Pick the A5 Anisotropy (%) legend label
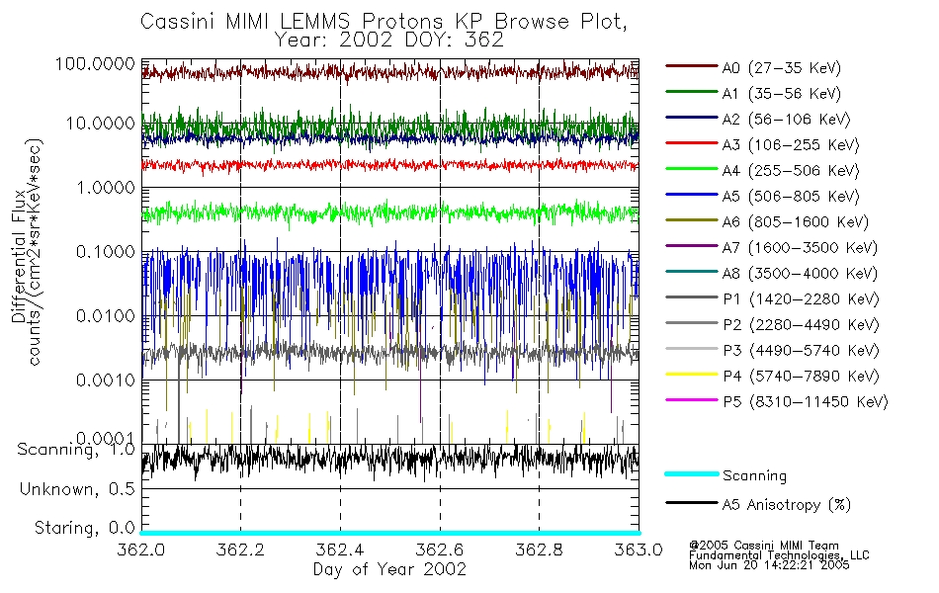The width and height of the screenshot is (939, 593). tap(787, 505)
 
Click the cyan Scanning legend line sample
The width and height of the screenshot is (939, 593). tap(691, 474)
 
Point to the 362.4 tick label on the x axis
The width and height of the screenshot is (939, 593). tap(340, 549)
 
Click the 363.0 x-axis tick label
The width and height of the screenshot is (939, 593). tap(638, 549)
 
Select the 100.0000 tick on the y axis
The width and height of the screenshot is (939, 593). tap(96, 63)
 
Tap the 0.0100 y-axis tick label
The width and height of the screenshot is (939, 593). tap(103, 316)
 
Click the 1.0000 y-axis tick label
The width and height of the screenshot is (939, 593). tap(103, 187)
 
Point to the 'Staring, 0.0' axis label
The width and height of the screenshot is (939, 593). tap(84, 527)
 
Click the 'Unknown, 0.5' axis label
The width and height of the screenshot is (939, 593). tap(79, 489)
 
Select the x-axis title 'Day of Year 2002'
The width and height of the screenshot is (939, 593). tap(389, 568)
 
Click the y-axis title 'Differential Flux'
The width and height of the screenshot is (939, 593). tap(18, 267)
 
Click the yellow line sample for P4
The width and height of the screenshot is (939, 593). tap(691, 376)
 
